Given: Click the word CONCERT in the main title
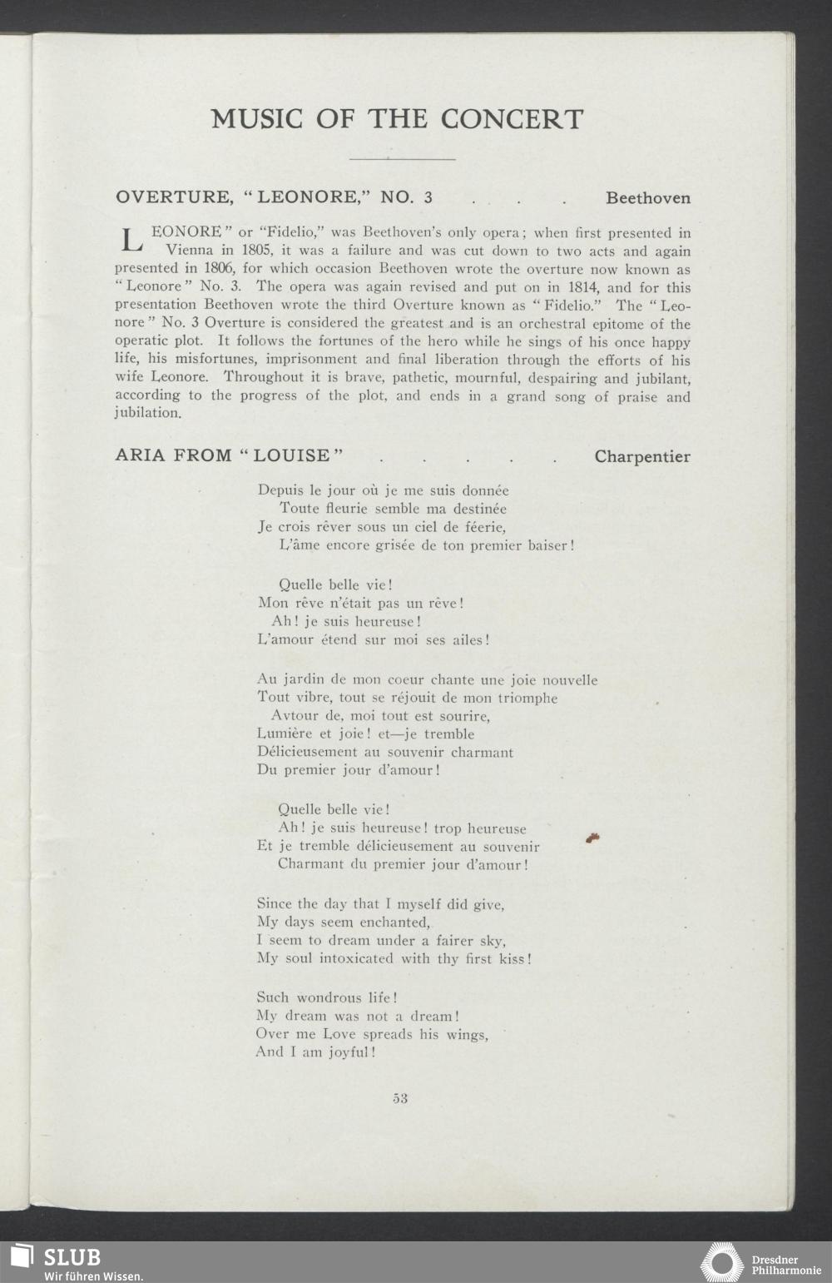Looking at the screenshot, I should tap(513, 119).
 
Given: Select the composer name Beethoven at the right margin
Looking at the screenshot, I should tap(648, 198).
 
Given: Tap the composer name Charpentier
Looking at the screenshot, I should tap(642, 456).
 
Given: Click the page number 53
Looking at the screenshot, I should tap(400, 1098).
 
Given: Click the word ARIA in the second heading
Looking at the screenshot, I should tap(139, 456).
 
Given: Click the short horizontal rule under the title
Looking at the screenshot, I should tap(403, 158).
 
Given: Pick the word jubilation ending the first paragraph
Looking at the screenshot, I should tap(146, 413).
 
